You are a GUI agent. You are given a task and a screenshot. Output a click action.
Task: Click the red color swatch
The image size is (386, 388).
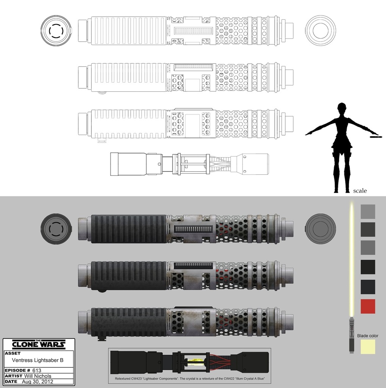click(x=368, y=306)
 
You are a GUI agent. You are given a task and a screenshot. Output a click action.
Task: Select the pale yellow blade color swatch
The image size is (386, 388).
click(x=368, y=347)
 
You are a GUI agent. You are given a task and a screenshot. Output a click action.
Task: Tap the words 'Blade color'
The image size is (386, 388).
click(x=367, y=336)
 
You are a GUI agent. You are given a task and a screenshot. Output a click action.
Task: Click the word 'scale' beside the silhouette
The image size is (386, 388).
click(x=360, y=191)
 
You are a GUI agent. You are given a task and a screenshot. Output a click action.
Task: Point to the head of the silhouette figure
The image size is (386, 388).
click(x=342, y=107)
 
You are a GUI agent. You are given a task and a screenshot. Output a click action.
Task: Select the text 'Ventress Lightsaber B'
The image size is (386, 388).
click(x=37, y=360)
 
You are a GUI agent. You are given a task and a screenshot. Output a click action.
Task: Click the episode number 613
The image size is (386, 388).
click(x=37, y=370)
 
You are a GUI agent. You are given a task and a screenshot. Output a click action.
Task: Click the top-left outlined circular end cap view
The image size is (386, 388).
click(x=56, y=30)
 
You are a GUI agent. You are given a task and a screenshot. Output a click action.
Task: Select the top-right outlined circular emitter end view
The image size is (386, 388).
click(x=321, y=30)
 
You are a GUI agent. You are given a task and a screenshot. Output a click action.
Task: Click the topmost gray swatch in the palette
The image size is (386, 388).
click(x=368, y=211)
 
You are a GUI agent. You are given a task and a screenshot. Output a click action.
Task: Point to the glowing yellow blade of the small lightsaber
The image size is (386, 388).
click(x=352, y=258)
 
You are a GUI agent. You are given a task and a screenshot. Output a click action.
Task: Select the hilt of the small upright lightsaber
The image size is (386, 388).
click(x=352, y=335)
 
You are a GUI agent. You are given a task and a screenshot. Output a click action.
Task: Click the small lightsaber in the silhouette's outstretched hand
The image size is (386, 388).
click(x=375, y=136)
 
